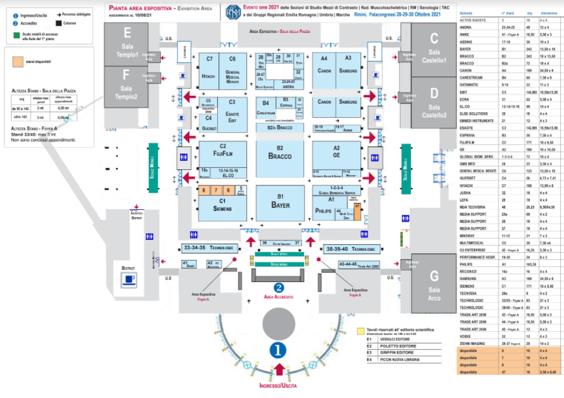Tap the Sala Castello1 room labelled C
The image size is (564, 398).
click(x=433, y=49)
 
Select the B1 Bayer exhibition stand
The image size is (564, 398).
click(x=280, y=202)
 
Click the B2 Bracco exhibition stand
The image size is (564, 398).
click(x=280, y=153)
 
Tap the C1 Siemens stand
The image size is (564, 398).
click(x=222, y=207)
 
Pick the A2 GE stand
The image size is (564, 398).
click(x=336, y=153)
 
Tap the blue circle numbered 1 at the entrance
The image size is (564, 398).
click(x=279, y=351)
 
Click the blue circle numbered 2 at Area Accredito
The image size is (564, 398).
click(x=279, y=288)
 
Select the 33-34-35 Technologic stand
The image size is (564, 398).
click(x=205, y=248)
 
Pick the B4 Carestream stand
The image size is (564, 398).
click(x=265, y=105)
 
